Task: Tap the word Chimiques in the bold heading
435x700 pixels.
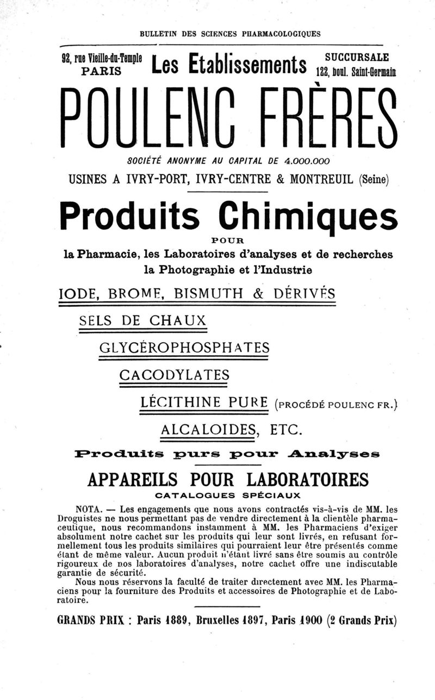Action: point(307,216)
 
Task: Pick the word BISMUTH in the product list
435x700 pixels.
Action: point(200,295)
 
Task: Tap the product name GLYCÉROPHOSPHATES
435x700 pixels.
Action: point(185,348)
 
